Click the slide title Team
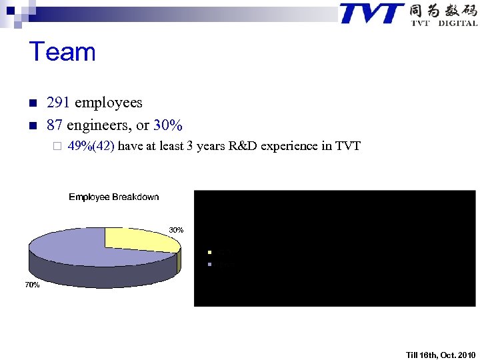coord(63,52)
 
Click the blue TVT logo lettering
coord(371,13)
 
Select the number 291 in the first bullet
coord(59,103)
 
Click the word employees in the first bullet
coord(109,103)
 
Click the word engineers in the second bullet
coord(101,125)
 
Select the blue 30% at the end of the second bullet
coord(168,125)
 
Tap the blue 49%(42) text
coord(92,146)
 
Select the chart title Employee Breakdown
coord(114,197)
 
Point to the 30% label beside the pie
coord(176,230)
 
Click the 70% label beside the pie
coord(32,285)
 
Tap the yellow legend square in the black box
coord(209,253)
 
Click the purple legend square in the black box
coord(209,264)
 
